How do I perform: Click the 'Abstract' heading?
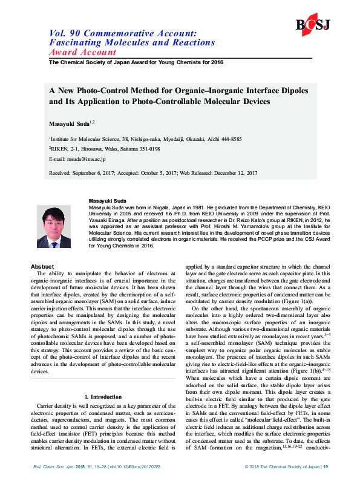(42, 266)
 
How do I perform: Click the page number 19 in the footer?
(326, 466)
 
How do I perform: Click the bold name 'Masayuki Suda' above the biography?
(108, 200)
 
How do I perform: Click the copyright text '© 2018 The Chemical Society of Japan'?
(281, 466)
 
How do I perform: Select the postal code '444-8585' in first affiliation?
(230, 139)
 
